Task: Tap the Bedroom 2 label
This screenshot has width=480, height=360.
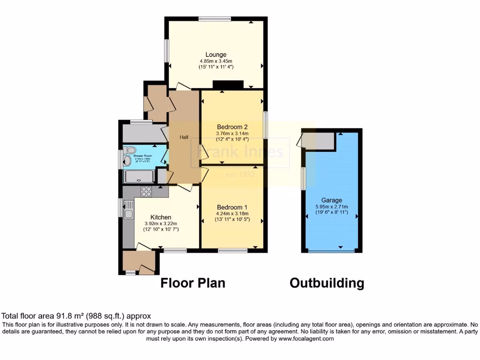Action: point(232,127)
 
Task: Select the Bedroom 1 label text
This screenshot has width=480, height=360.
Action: point(232,207)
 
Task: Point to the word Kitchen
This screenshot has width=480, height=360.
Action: point(160,217)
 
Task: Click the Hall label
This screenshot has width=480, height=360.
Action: point(184,137)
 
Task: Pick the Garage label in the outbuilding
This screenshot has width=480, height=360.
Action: point(331,200)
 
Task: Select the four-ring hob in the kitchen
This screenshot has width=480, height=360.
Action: point(146,191)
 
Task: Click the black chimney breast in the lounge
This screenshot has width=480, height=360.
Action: point(228,84)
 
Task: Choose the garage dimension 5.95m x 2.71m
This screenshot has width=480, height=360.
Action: point(331,206)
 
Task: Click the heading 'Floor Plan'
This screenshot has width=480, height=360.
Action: point(193,283)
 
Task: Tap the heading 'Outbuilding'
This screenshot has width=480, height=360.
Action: point(326,283)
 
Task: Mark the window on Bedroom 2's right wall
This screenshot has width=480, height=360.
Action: point(265,125)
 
